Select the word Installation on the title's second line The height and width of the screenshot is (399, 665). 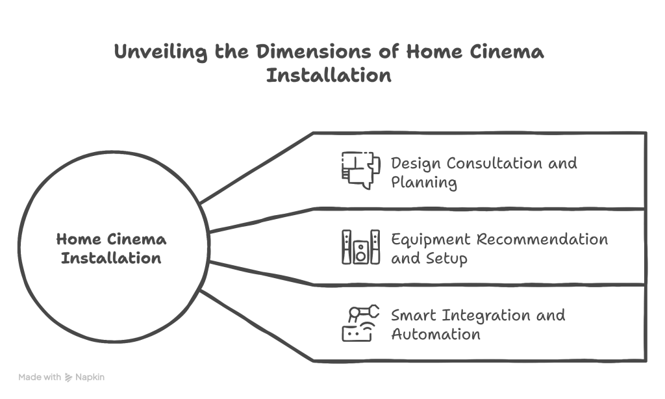[329, 75]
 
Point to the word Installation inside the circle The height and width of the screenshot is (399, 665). [111, 258]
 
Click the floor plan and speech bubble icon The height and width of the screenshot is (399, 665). [360, 170]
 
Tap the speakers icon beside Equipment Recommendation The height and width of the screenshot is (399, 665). [360, 247]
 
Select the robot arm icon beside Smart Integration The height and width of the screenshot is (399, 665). [360, 324]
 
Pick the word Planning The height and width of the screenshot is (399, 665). [423, 183]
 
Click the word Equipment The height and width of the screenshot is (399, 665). [431, 239]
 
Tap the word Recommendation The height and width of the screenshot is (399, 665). [542, 238]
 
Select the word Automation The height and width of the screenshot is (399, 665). [435, 335]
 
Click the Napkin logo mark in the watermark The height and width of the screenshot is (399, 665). [68, 377]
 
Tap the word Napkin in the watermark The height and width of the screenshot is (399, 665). [90, 377]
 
